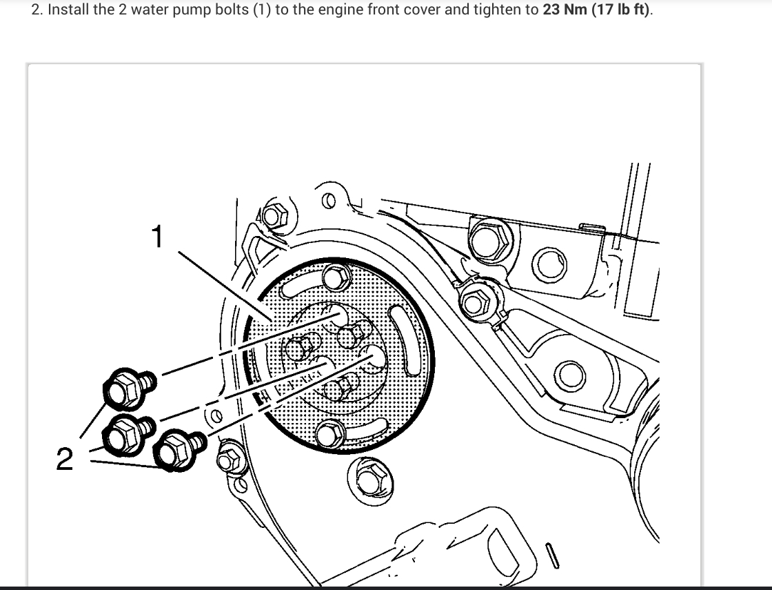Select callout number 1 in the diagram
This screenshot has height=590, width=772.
(158, 237)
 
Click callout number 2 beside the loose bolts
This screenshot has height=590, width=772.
(64, 459)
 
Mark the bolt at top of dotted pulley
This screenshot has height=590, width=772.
(336, 278)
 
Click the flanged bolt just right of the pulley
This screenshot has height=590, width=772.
(476, 301)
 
